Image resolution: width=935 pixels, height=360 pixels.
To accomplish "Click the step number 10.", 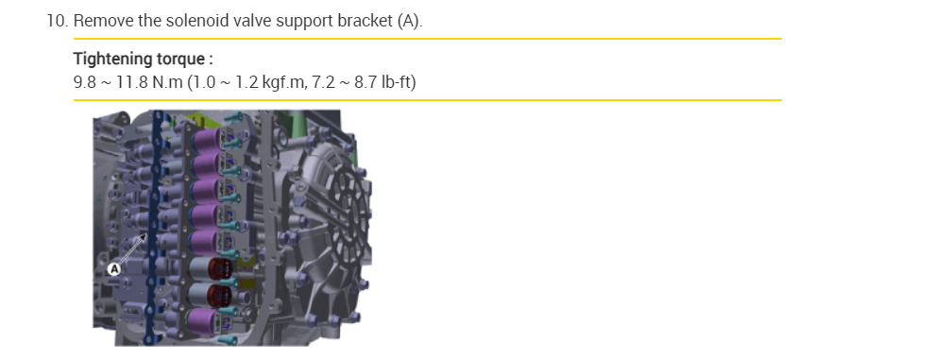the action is coord(58,21).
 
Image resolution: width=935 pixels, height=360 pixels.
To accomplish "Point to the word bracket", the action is coord(365,21).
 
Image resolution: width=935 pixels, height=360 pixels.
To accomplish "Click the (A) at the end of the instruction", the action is coord(410,22).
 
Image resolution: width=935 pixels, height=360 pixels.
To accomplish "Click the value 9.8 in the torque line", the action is coord(85,82).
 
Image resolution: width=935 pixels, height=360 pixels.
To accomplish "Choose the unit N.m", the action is coord(167,82).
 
